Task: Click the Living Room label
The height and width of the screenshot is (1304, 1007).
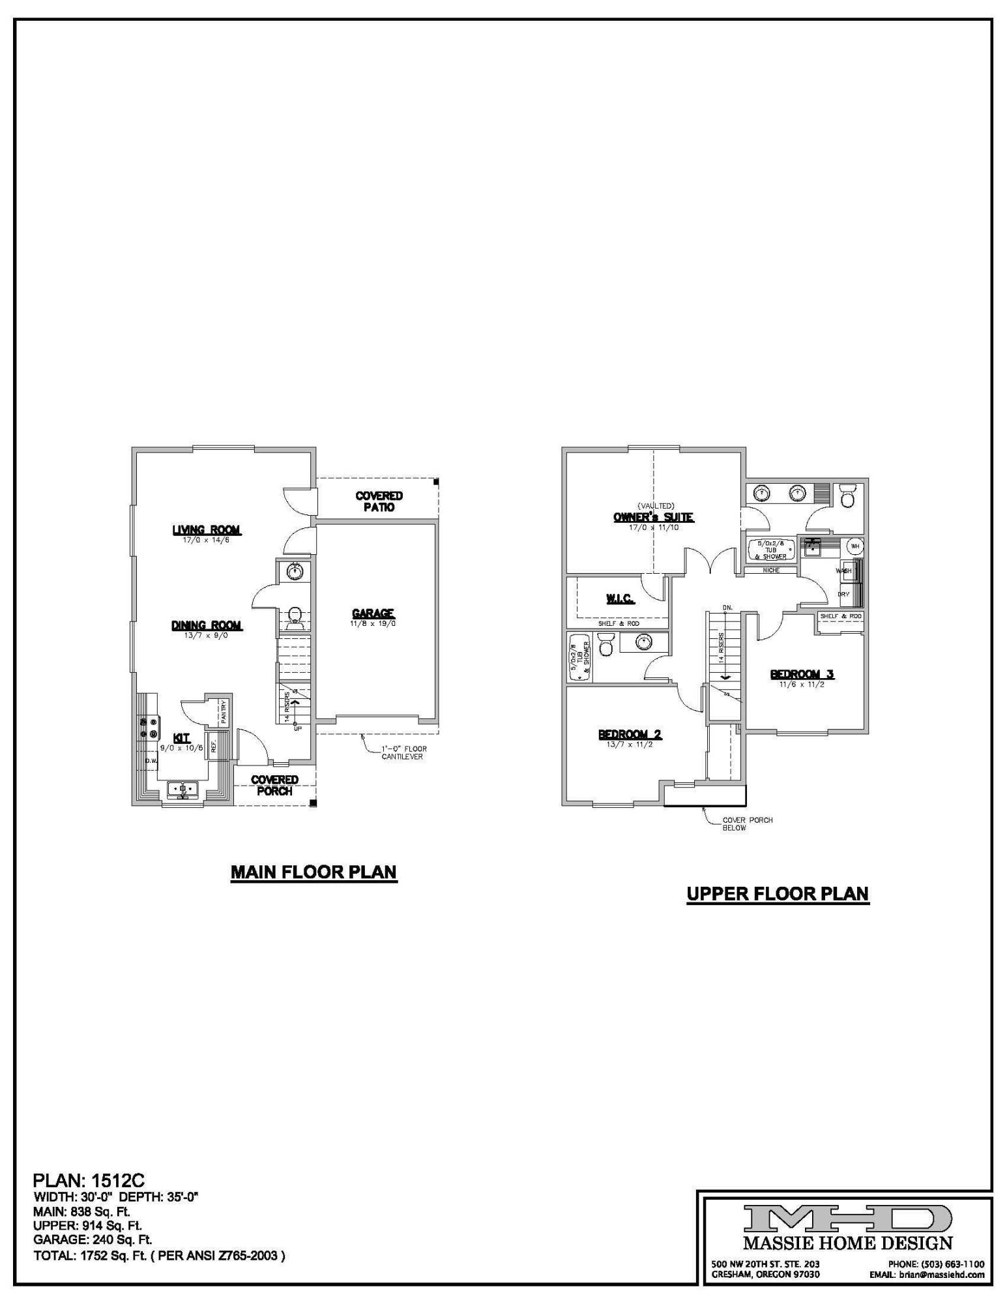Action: pyautogui.click(x=207, y=530)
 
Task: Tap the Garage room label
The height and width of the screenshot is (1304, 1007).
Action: pyautogui.click(x=373, y=614)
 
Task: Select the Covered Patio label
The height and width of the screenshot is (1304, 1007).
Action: pyautogui.click(x=379, y=501)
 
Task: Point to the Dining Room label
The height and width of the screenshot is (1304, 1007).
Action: pyautogui.click(x=207, y=625)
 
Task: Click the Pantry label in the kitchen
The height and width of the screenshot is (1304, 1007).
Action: pyautogui.click(x=224, y=712)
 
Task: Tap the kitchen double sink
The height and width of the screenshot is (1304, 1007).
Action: pyautogui.click(x=183, y=790)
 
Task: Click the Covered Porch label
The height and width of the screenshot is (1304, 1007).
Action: pyautogui.click(x=274, y=785)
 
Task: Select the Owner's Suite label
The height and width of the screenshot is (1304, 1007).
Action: pyautogui.click(x=653, y=517)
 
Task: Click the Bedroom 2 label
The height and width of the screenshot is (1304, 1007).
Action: pyautogui.click(x=630, y=735)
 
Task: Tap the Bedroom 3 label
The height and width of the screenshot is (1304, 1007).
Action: pyautogui.click(x=802, y=674)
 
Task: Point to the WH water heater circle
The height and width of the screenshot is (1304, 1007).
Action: pyautogui.click(x=854, y=546)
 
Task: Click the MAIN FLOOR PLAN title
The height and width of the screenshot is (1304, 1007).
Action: pyautogui.click(x=314, y=872)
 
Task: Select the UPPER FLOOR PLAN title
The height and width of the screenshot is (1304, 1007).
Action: pyautogui.click(x=778, y=893)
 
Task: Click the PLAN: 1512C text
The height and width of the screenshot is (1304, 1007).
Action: pyautogui.click(x=89, y=1180)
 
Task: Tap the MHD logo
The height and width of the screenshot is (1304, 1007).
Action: pyautogui.click(x=847, y=1218)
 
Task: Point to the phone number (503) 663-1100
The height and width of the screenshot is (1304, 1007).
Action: pyautogui.click(x=936, y=1264)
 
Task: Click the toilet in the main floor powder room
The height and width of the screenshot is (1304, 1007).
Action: pyautogui.click(x=295, y=615)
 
